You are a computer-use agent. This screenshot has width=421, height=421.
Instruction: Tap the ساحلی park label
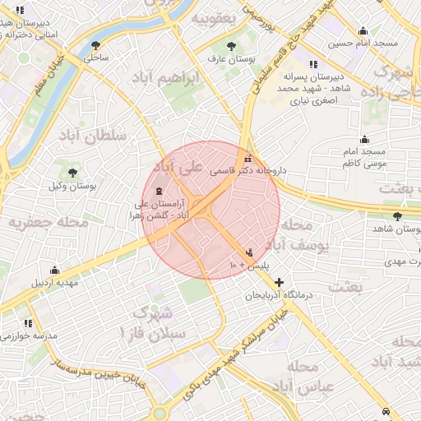[97, 58]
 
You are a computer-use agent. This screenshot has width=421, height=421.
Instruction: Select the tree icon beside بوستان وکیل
[73, 173]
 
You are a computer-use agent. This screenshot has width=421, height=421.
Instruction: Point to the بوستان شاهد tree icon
[398, 216]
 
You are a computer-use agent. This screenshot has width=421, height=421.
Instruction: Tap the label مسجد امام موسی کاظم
[364, 159]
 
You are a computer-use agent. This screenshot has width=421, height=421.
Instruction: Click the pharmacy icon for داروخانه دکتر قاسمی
[248, 159]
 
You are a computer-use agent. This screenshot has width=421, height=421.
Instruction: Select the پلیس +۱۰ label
[243, 266]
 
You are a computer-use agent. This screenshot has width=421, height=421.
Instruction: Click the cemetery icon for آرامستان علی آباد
[159, 192]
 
